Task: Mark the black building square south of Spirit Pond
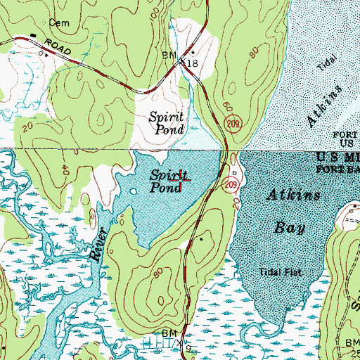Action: click(200, 239)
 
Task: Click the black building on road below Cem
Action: click(33, 35)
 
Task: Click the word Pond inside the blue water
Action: click(163, 188)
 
